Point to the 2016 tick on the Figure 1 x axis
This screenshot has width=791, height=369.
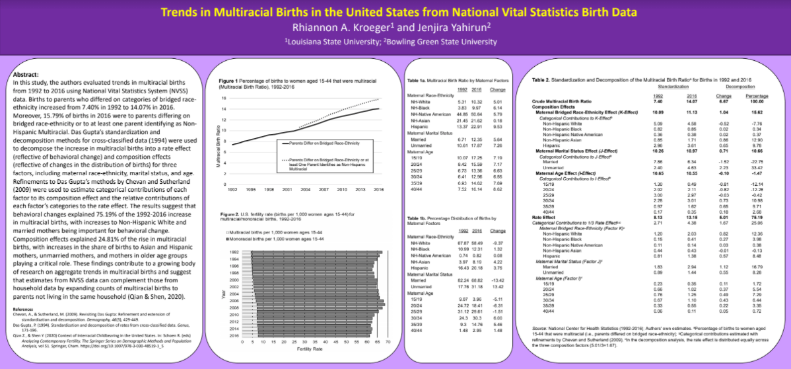378,189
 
